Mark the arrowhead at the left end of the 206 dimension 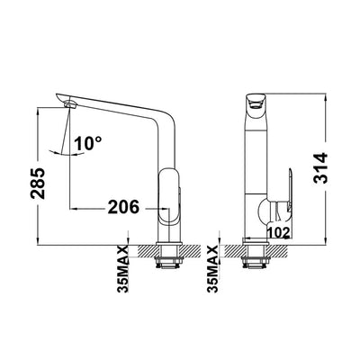(73, 207)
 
